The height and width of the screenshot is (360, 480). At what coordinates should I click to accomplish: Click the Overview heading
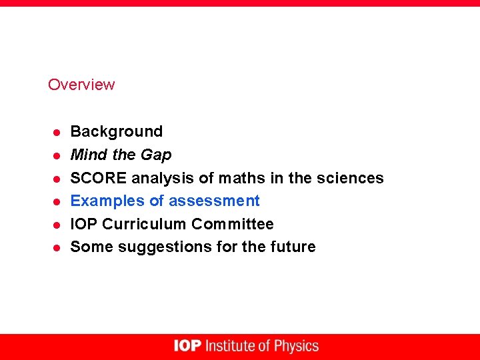point(81,85)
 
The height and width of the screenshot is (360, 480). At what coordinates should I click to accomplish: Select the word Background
point(117,131)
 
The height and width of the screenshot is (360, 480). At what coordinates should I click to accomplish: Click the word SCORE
point(99,178)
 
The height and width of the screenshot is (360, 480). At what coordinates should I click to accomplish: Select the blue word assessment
point(214,201)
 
